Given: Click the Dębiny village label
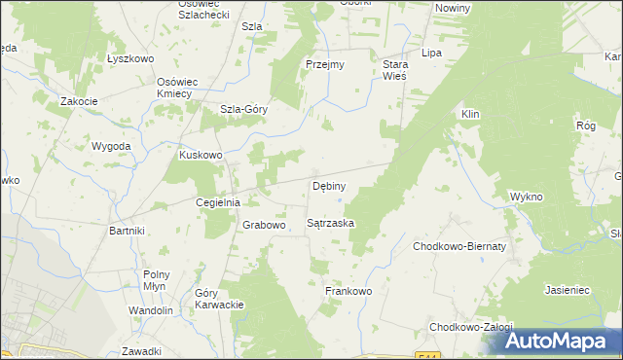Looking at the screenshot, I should pos(328,185).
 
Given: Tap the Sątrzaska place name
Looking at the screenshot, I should pos(330,223).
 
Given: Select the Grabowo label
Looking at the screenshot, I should pos(264,225).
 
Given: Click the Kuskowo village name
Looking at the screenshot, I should pos(202,154).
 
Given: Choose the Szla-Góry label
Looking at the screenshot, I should pos(243,110).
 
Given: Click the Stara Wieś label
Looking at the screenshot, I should pos(394,70).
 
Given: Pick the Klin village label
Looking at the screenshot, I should pos(471,114).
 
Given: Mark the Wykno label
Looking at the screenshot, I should pos(526,197).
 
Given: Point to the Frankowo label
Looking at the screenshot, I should pos(348,290).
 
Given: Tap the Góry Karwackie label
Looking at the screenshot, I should pos(219,299).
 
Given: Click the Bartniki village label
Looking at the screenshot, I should pos(128,231).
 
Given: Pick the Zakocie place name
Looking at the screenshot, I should pos(78,100).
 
